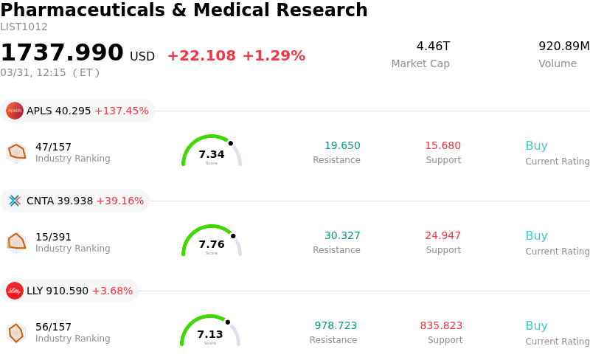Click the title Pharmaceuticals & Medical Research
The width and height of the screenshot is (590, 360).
coord(184,10)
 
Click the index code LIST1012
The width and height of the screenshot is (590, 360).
coord(24,27)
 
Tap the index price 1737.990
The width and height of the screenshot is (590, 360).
coord(62,53)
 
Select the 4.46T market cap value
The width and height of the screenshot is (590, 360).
coord(433,46)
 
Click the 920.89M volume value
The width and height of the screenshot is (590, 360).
coord(564,46)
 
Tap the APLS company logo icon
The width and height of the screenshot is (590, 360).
coord(15,111)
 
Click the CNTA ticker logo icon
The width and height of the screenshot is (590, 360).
coord(15,201)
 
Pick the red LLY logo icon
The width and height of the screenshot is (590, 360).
coord(15,291)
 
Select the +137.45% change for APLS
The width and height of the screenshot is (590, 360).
coord(121,111)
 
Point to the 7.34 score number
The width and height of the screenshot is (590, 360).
coord(212,154)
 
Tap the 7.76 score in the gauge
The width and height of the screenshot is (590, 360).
coord(212,244)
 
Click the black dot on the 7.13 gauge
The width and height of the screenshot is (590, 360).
coord(228,322)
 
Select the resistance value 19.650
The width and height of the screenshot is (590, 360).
coord(342,146)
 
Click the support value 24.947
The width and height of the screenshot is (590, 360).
coord(442,236)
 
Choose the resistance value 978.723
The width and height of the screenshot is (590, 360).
coord(336,326)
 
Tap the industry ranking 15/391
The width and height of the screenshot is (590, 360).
coord(53,237)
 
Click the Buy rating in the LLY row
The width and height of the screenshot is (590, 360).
coord(536,326)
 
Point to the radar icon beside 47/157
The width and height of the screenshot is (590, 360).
coord(16,152)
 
